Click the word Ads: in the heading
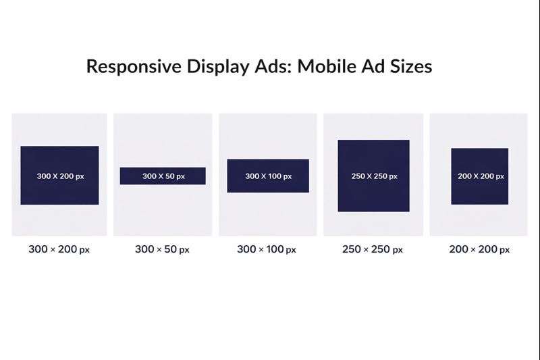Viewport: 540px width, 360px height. point(274,67)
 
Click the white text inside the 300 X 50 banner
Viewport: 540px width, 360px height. point(163,176)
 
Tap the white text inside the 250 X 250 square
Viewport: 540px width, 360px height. point(374,176)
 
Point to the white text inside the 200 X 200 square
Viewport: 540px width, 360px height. point(481,176)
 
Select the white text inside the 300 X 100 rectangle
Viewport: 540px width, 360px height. point(268,176)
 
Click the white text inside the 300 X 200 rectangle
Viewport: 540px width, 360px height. point(60,176)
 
